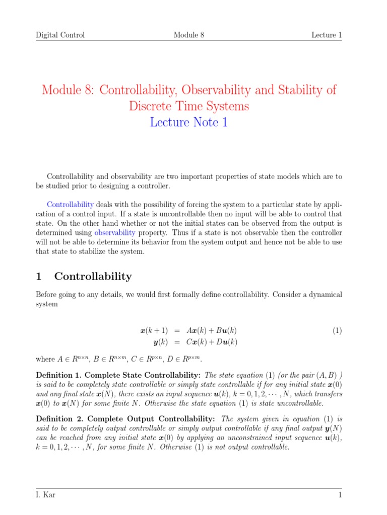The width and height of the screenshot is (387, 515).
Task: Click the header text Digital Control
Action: click(x=60, y=35)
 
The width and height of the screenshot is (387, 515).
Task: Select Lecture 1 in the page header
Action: click(x=327, y=35)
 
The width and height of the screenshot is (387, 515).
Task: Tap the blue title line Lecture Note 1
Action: click(x=188, y=122)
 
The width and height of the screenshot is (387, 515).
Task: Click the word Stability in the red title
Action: click(x=298, y=91)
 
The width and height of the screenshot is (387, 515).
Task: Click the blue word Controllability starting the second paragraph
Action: click(x=70, y=205)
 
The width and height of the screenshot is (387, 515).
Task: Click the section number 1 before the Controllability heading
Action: click(x=38, y=276)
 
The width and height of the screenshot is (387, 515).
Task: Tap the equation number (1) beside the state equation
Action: click(x=337, y=330)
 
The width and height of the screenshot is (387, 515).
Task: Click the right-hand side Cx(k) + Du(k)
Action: click(x=212, y=342)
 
